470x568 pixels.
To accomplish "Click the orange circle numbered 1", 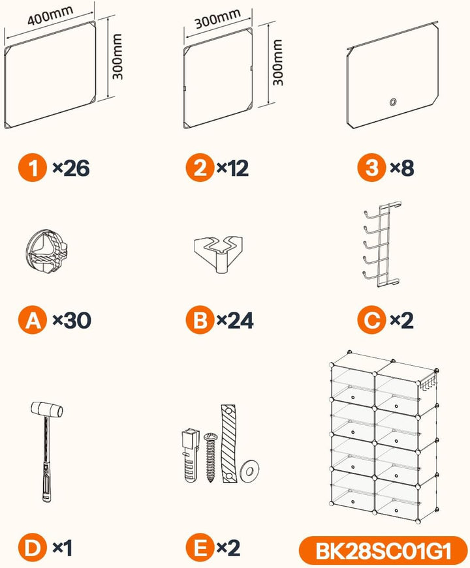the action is pos(33,168).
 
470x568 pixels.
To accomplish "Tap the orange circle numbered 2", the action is pos(200,168).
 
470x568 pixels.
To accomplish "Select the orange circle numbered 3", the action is pos(371,168).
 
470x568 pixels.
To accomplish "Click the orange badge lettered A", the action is pos(33,320).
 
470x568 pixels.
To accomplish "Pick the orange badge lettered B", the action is pos(200,320).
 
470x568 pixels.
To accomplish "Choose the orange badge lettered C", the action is pos(371,320).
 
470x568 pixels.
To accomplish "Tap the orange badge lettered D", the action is pos(33,548).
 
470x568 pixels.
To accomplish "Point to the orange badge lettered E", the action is pos(200,548).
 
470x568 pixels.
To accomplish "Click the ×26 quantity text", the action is pos(71,168).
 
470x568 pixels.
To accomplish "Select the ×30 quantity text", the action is pos(72,320).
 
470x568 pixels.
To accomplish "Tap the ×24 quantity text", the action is pos(235,320).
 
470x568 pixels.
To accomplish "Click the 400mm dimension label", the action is pos(50,16).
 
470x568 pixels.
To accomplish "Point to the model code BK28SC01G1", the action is pos(383,551).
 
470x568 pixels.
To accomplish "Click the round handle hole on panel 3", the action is pos(393,102).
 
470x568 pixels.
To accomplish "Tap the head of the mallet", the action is pos(47,410).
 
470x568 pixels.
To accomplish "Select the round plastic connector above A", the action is pos(46,251).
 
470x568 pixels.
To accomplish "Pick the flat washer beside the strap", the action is pos(249,471).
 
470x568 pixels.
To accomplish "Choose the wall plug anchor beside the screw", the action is pos(191,455).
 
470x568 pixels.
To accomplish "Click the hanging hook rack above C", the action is pos(381,245).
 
